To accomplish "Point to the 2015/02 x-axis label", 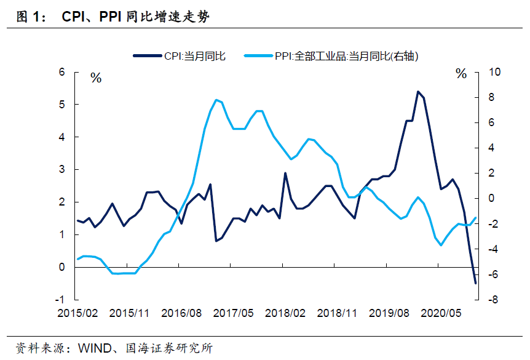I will click(x=78, y=313).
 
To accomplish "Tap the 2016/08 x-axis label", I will click(x=182, y=313).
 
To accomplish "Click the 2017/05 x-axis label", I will click(x=234, y=313).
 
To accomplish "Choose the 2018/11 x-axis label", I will click(x=338, y=313).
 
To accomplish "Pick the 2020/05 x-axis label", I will click(x=441, y=313).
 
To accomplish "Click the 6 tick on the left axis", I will click(x=61, y=72).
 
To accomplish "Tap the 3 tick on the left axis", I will click(x=61, y=170).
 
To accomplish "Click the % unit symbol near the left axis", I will click(x=96, y=78).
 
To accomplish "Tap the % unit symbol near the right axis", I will click(x=461, y=74).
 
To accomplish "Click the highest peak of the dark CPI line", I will click(x=418, y=92).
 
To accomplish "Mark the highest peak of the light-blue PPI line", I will click(x=216, y=100).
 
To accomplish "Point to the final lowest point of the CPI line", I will click(x=475, y=283).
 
